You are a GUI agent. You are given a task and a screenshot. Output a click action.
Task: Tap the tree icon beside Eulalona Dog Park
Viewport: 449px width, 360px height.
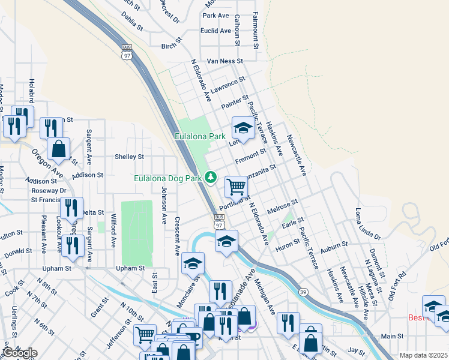point(211,176)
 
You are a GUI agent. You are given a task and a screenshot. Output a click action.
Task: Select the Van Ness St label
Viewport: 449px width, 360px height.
point(224,61)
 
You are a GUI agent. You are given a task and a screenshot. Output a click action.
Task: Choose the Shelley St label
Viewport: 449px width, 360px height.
point(129,157)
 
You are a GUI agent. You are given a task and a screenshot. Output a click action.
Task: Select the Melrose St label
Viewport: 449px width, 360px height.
point(283,206)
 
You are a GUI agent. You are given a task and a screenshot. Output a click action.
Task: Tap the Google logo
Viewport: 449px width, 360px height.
point(19,352)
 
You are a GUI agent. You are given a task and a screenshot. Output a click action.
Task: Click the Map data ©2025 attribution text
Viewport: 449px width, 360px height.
point(423,355)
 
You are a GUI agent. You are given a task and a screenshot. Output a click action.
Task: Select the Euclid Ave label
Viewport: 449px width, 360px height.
point(217,31)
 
